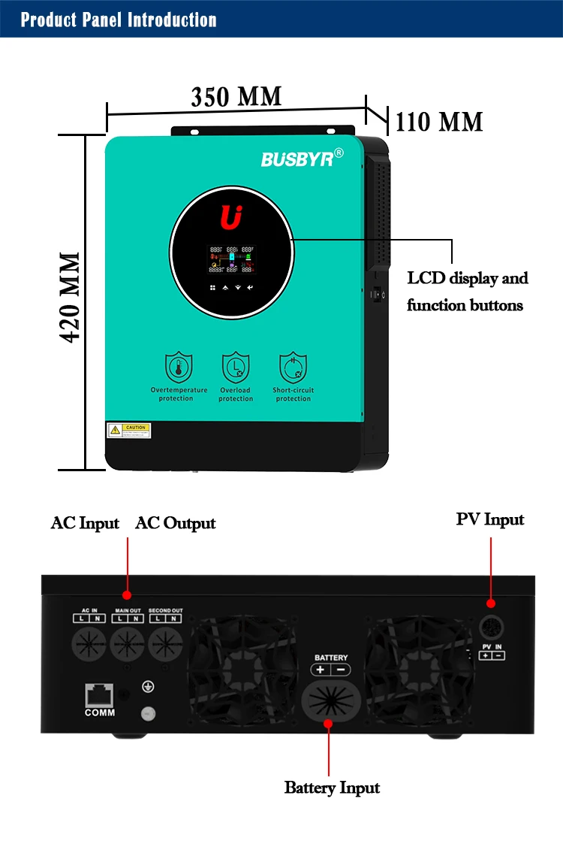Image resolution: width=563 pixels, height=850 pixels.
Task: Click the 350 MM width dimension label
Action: coord(236,98)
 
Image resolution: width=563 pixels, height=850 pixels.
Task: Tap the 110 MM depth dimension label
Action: coord(439,122)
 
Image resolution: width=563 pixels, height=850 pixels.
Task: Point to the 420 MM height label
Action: coord(71,297)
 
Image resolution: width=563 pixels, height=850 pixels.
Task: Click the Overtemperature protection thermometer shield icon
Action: coord(179,368)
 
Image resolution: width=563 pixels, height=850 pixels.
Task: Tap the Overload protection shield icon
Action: coord(235,368)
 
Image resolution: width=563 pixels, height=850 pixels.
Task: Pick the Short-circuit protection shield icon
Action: coord(293,368)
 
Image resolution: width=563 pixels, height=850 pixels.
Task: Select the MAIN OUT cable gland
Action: coord(128,645)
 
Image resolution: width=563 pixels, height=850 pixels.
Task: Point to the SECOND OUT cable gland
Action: coord(166,645)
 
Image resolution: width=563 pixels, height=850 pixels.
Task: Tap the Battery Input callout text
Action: coord(332,788)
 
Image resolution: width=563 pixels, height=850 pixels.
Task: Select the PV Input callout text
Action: coord(490,519)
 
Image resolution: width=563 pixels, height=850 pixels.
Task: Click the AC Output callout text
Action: coord(175,523)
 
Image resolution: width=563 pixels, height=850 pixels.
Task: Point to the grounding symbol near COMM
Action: coord(149,686)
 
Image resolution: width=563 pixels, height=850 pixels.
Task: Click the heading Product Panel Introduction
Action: coord(119,20)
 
